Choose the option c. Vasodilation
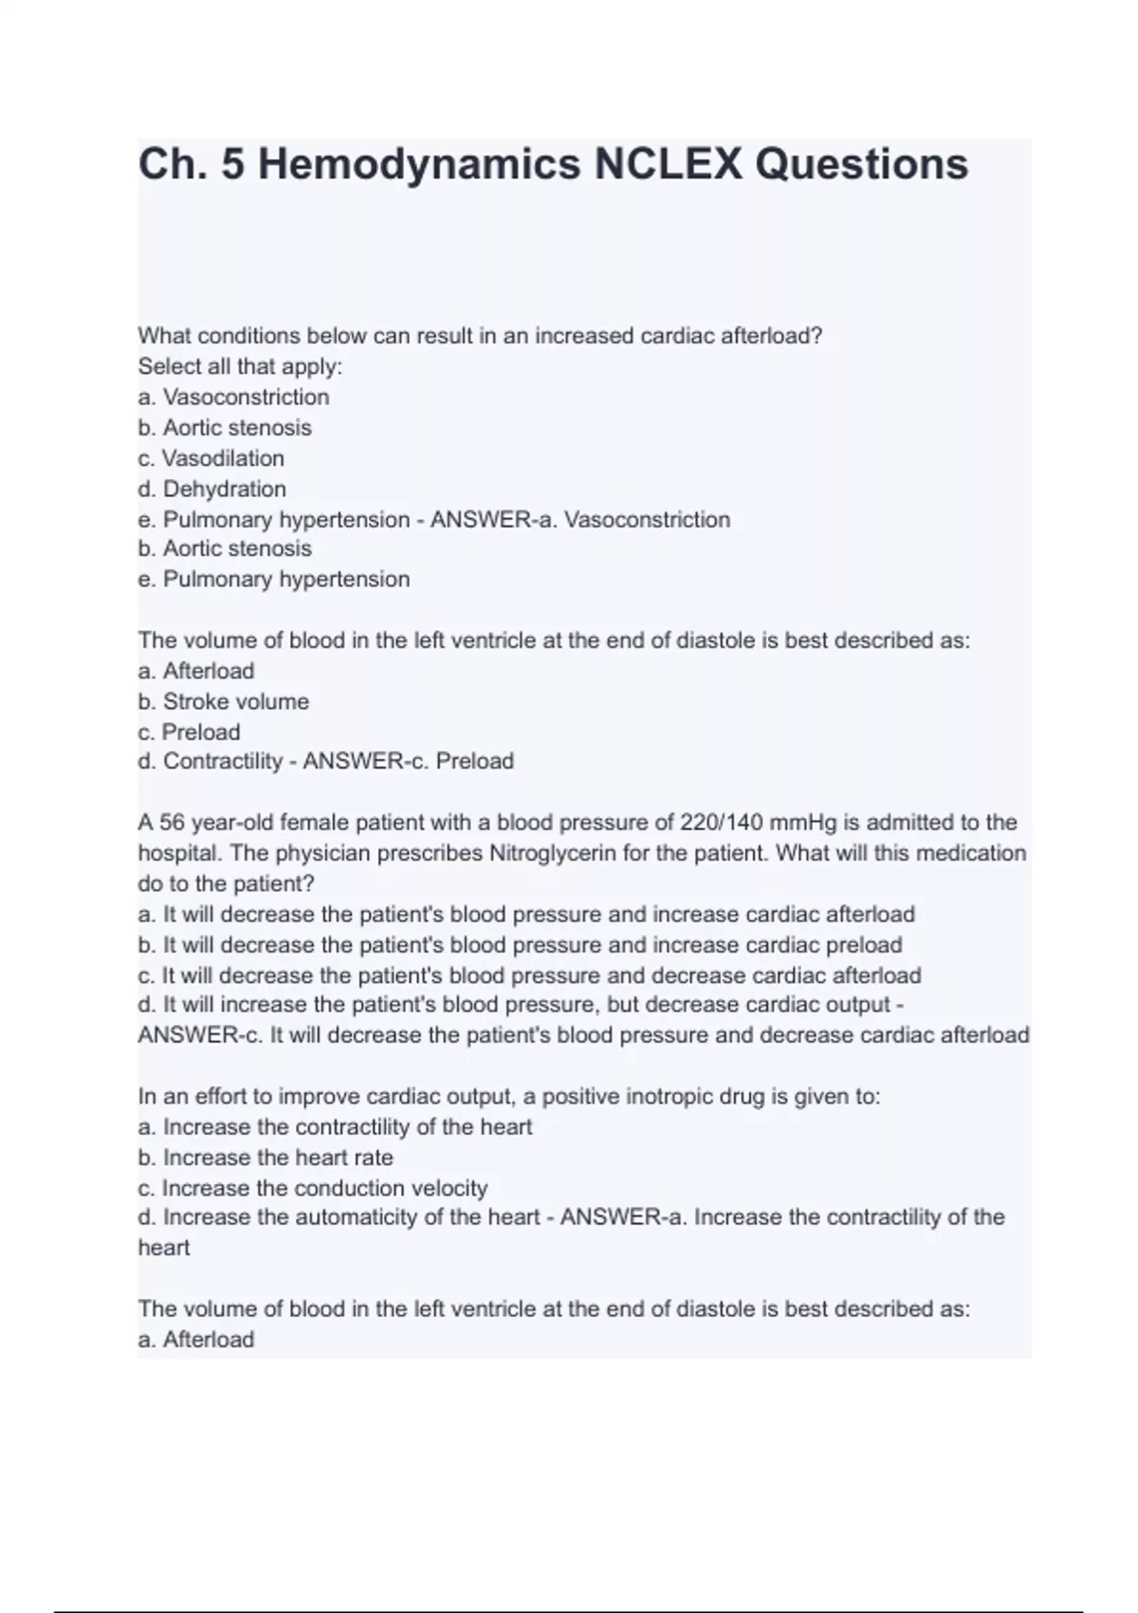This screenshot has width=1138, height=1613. coord(211,458)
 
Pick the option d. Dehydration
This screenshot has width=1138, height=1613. coord(211,489)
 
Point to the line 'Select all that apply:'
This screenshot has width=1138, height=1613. coord(240,366)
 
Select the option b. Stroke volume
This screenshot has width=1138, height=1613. coord(223,701)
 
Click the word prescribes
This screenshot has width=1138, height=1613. coord(430,853)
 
